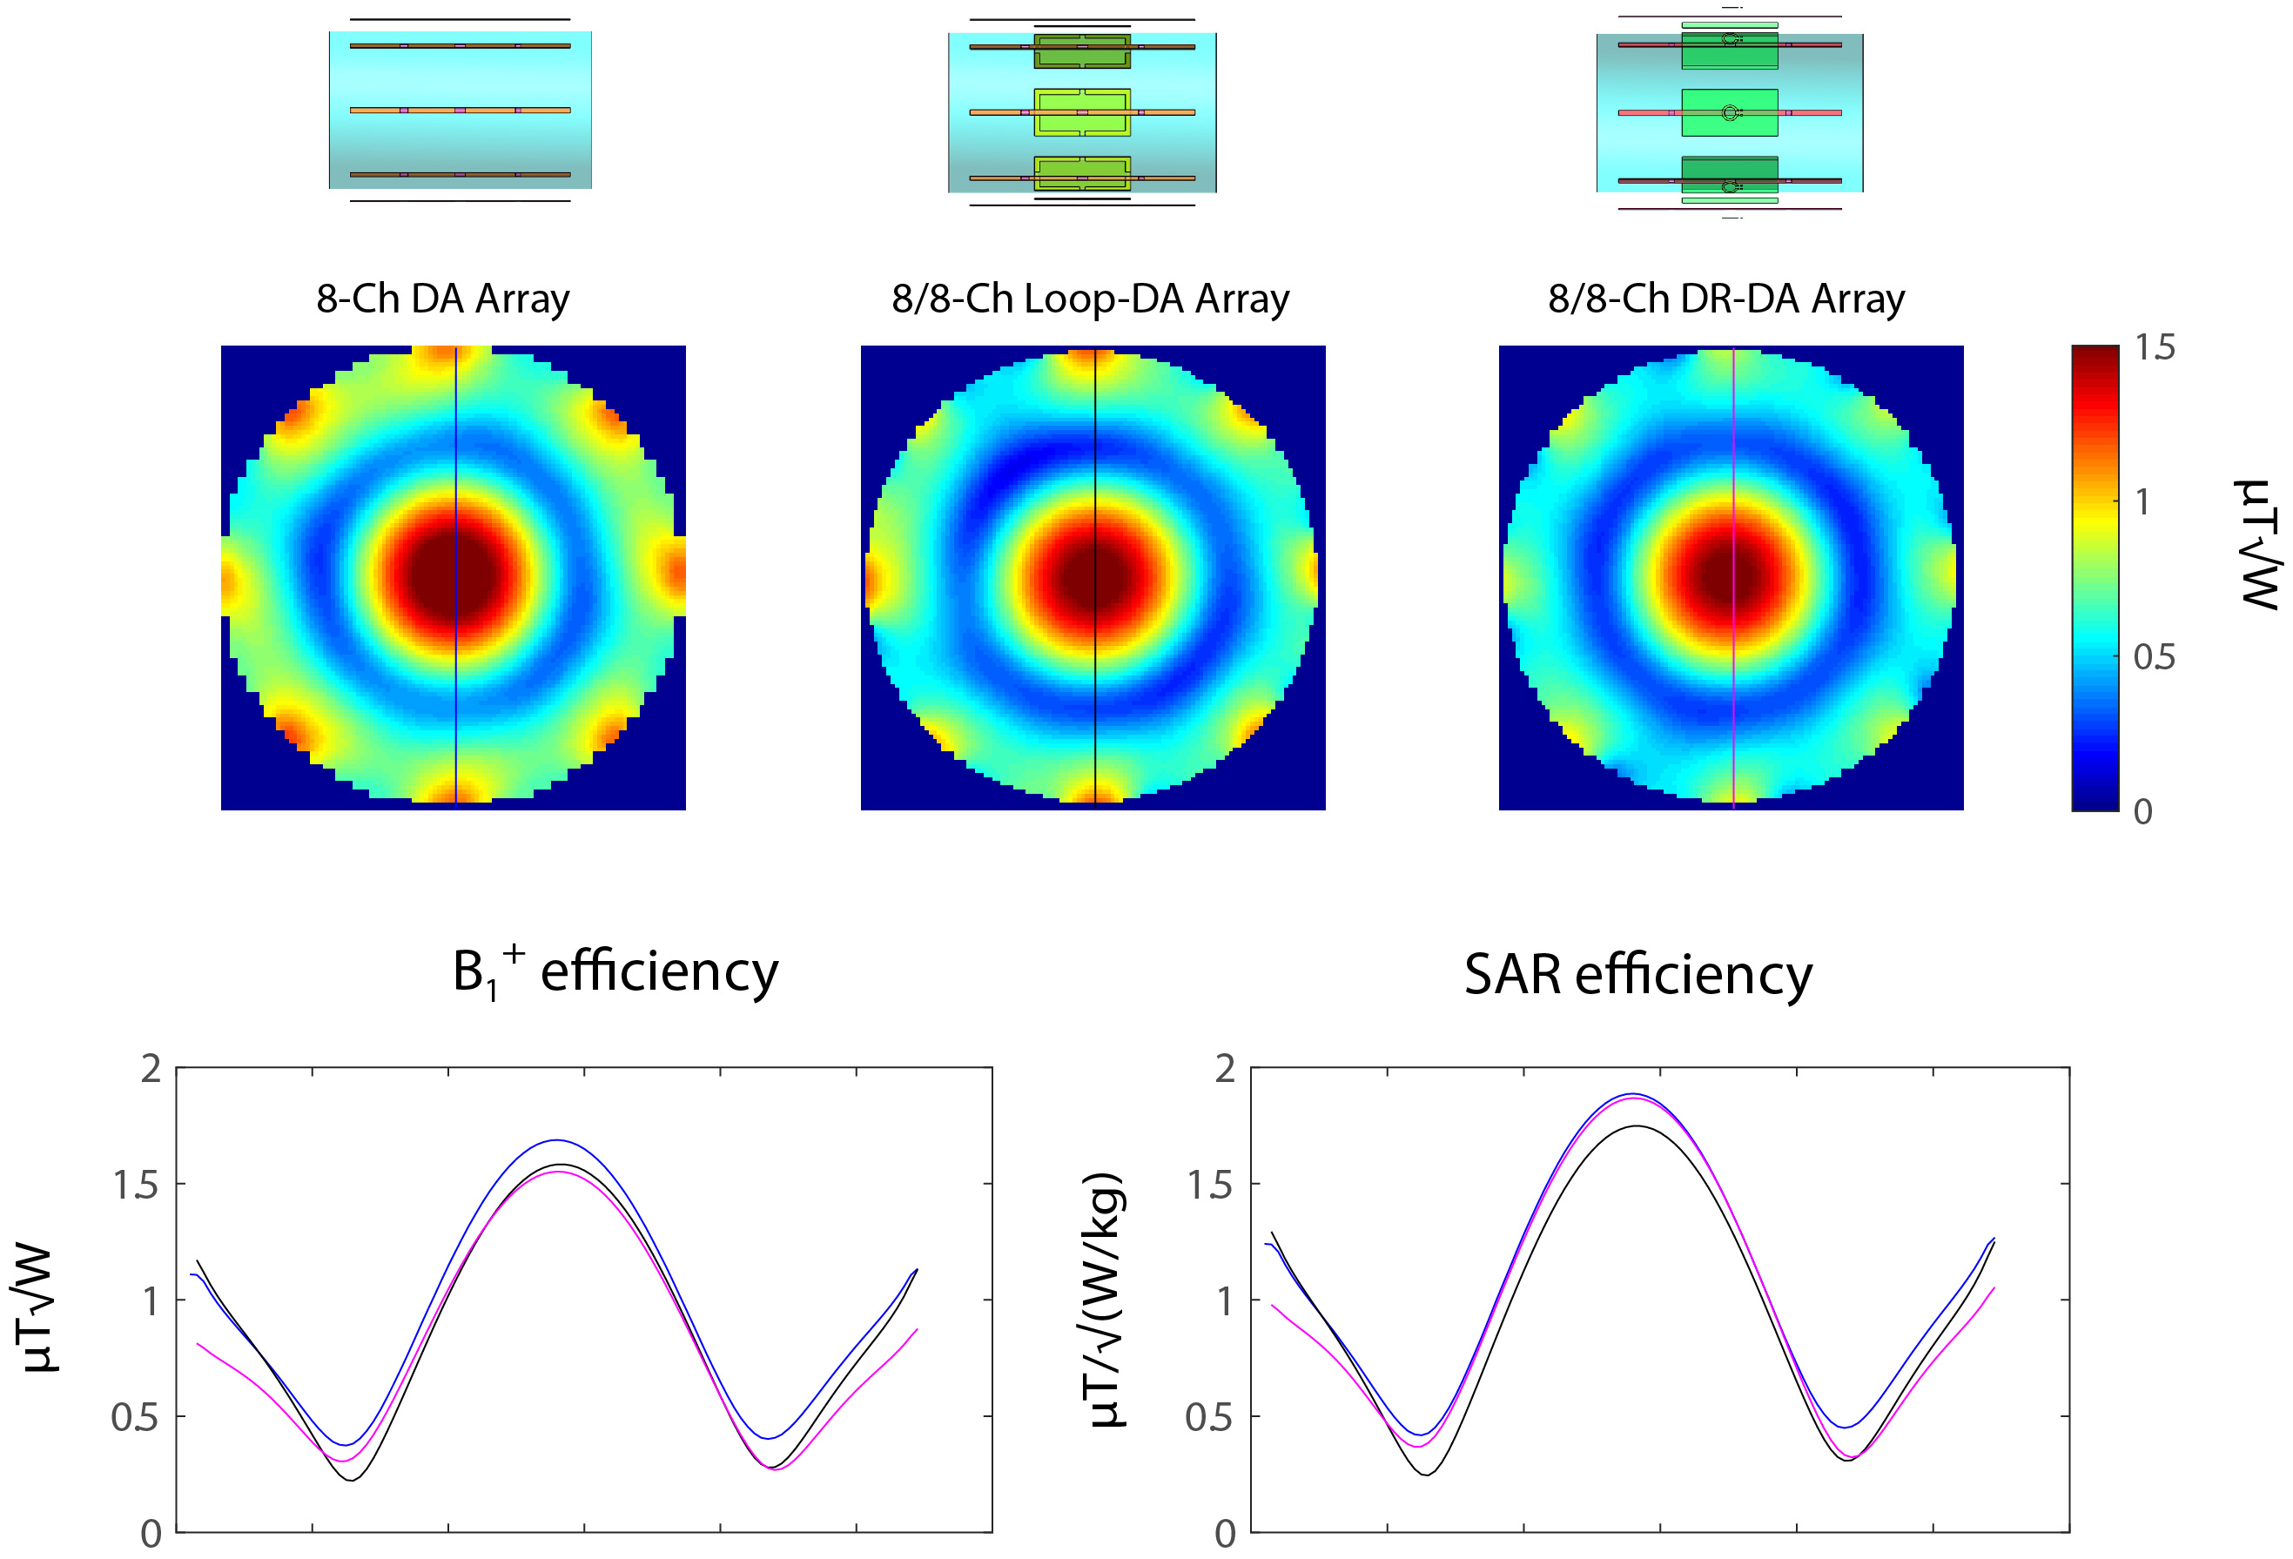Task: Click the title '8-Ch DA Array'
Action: [x=443, y=298]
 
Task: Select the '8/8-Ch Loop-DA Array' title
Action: [x=1090, y=298]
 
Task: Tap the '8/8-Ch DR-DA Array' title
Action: [x=1725, y=298]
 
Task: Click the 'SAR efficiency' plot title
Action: [x=1637, y=975]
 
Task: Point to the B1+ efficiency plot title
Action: [x=615, y=973]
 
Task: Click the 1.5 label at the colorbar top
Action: [x=2155, y=347]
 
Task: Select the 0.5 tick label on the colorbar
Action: [x=2154, y=657]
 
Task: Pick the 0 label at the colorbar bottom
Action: [x=2143, y=812]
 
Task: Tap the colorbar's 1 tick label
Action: [x=2142, y=502]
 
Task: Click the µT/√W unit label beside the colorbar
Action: [x=2258, y=545]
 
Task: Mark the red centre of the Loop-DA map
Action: [x=1094, y=576]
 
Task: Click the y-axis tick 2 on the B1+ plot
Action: [x=151, y=1069]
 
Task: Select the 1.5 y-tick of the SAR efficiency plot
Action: [x=1211, y=1185]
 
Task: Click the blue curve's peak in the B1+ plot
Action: [x=557, y=1140]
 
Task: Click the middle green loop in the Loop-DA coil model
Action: [x=1082, y=112]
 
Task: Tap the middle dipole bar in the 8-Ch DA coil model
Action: [x=460, y=111]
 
